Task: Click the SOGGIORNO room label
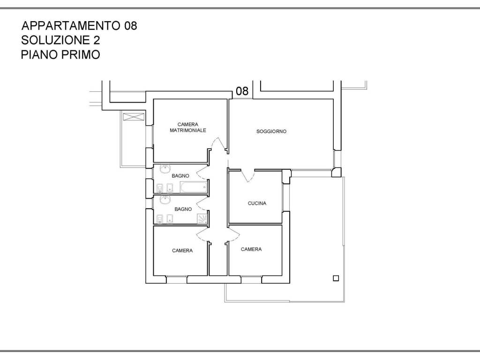point(271,131)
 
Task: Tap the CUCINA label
point(257,203)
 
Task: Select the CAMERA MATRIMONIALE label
point(187,127)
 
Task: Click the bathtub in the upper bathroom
point(193,188)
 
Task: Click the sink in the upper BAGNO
point(165,169)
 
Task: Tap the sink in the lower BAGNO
point(165,200)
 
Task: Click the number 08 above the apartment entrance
point(242,91)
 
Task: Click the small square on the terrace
point(336,278)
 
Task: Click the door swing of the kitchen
point(247,176)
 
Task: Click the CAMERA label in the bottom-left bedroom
point(182,250)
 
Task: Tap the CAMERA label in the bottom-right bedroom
point(251,249)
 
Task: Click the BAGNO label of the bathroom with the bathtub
point(180,176)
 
